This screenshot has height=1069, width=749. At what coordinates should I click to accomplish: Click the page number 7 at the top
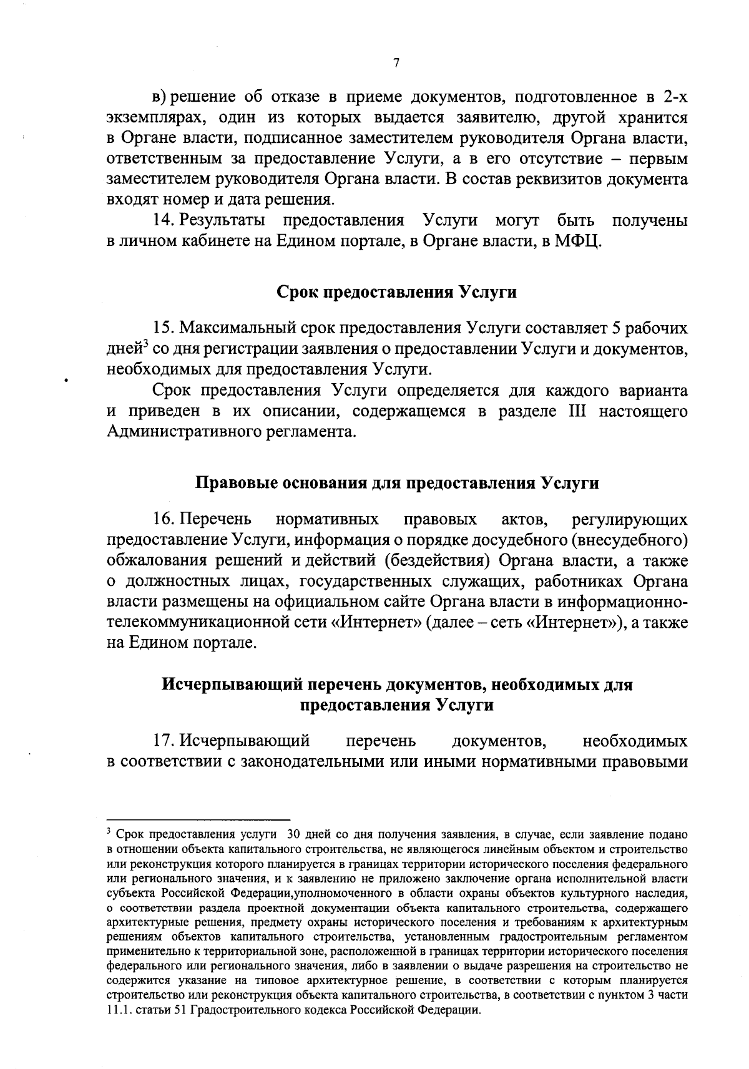(396, 62)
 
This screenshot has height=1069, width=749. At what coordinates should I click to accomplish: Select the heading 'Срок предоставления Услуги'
(396, 292)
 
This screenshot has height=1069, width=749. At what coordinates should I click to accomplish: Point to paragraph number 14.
(164, 220)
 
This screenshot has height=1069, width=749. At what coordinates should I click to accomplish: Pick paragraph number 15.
(164, 328)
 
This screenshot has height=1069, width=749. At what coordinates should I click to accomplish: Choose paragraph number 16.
(164, 519)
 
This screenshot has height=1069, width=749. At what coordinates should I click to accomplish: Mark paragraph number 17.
(164, 741)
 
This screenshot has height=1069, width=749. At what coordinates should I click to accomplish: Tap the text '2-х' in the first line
(675, 98)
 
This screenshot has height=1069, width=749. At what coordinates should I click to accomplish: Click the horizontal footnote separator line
(198, 819)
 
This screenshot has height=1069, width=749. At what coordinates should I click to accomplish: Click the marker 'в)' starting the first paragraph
(160, 98)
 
